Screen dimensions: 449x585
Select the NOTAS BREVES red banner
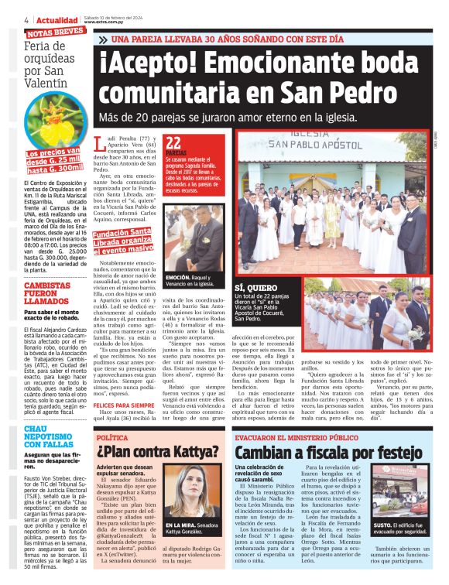(55, 32)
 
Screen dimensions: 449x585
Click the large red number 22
(174, 142)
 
